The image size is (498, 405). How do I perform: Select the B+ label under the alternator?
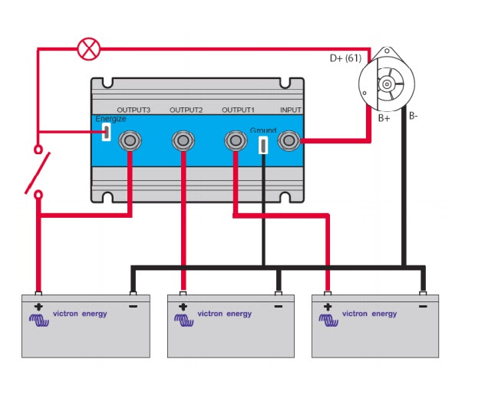pyautogui.click(x=384, y=119)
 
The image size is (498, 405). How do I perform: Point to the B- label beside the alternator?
pyautogui.click(x=414, y=116)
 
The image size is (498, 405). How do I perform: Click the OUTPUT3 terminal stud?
pyautogui.click(x=130, y=140)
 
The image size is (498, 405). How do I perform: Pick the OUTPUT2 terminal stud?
pyautogui.click(x=183, y=140)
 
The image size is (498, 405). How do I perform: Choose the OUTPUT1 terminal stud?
pyautogui.click(x=234, y=140)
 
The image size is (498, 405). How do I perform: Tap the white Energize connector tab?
pyautogui.click(x=106, y=132)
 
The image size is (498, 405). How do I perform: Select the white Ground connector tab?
pyautogui.click(x=263, y=144)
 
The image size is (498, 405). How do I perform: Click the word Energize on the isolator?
pyautogui.click(x=110, y=119)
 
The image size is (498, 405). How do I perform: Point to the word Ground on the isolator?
pyautogui.click(x=262, y=130)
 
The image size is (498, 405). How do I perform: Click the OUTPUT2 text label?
pyautogui.click(x=186, y=110)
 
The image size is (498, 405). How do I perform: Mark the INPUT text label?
pyautogui.click(x=291, y=110)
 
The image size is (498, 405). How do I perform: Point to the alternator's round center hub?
pyautogui.click(x=388, y=82)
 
